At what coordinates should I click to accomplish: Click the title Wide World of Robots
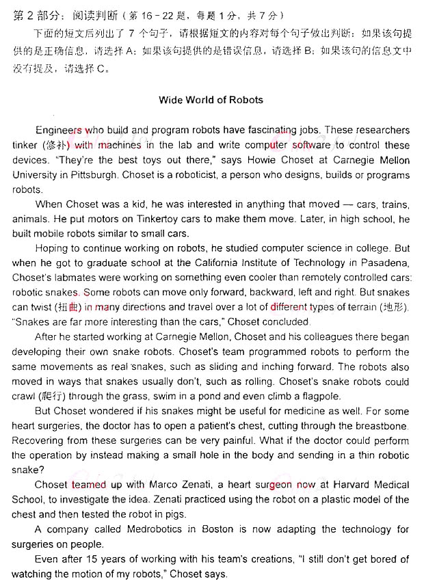tap(211, 100)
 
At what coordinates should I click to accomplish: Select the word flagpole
tap(321, 396)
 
